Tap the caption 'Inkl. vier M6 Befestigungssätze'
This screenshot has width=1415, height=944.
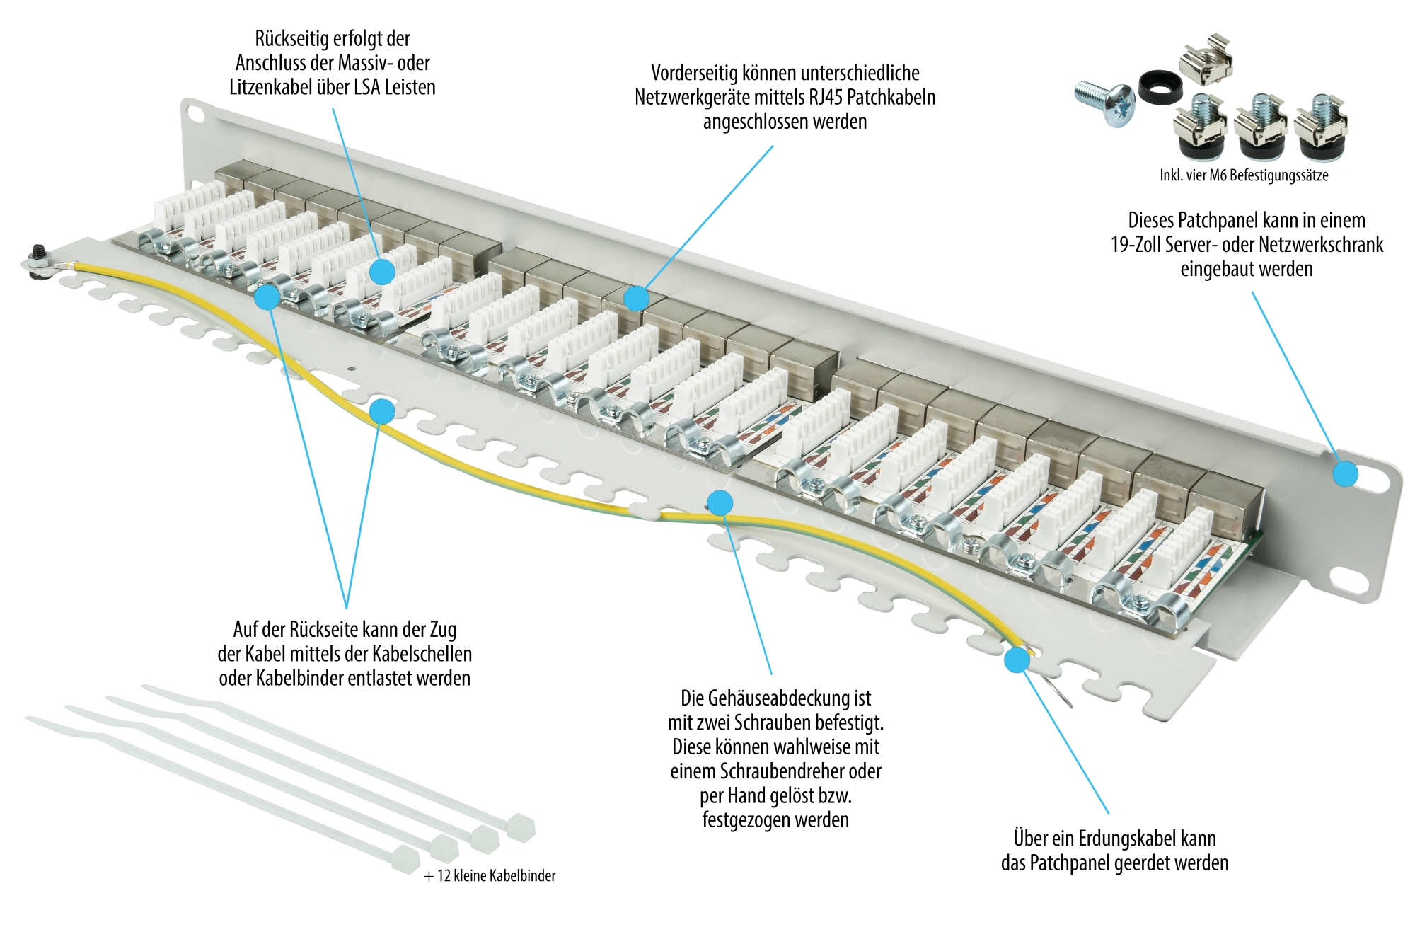(1243, 175)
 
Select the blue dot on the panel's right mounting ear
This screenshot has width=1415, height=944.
(1345, 473)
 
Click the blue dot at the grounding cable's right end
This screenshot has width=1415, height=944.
(1017, 660)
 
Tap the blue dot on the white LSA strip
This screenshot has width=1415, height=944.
(382, 272)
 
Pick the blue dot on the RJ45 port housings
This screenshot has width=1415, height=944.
(636, 299)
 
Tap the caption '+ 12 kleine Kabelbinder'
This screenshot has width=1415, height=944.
(490, 875)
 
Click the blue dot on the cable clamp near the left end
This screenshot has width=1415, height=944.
(267, 297)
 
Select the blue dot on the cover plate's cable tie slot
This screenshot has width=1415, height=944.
(382, 411)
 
